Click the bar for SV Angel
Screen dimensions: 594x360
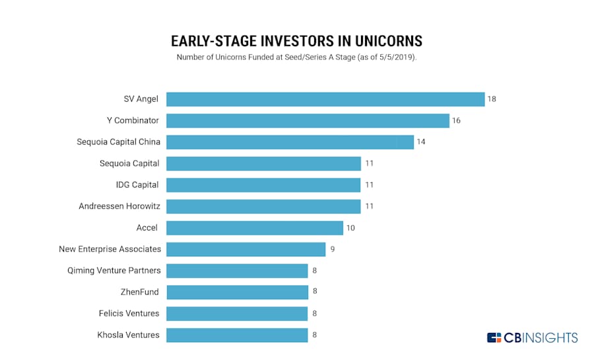pos(325,99)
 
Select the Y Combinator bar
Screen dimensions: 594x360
pos(308,121)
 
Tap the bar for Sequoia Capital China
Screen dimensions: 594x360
pos(290,142)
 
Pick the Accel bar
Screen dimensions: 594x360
pos(255,228)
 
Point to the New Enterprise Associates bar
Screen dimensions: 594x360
pos(246,249)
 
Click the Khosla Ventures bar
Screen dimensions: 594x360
pos(237,336)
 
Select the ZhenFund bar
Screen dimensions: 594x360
pos(237,292)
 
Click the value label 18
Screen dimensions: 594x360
pos(492,99)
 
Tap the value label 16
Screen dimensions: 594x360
pos(456,120)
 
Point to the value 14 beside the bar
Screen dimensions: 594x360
pos(421,142)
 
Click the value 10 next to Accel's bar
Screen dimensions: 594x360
pos(350,228)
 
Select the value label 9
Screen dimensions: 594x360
pos(332,249)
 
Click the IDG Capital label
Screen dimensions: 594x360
pos(137,184)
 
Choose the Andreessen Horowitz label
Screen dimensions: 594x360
pos(119,206)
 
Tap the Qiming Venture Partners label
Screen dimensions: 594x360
pos(114,271)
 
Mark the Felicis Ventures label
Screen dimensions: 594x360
pos(129,313)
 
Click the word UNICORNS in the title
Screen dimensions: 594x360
pos(388,41)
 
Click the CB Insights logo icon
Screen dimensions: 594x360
pos(494,338)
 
